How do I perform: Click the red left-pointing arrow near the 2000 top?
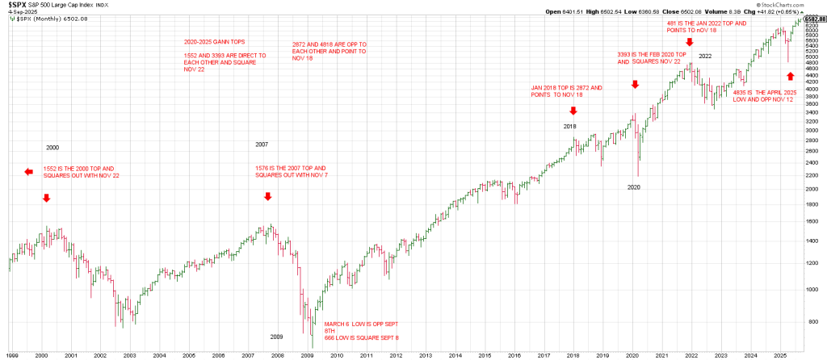28,171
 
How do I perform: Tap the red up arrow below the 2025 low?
791,75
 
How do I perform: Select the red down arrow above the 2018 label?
573,111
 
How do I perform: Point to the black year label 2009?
276,336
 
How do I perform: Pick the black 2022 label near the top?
705,56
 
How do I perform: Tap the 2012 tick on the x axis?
397,354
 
